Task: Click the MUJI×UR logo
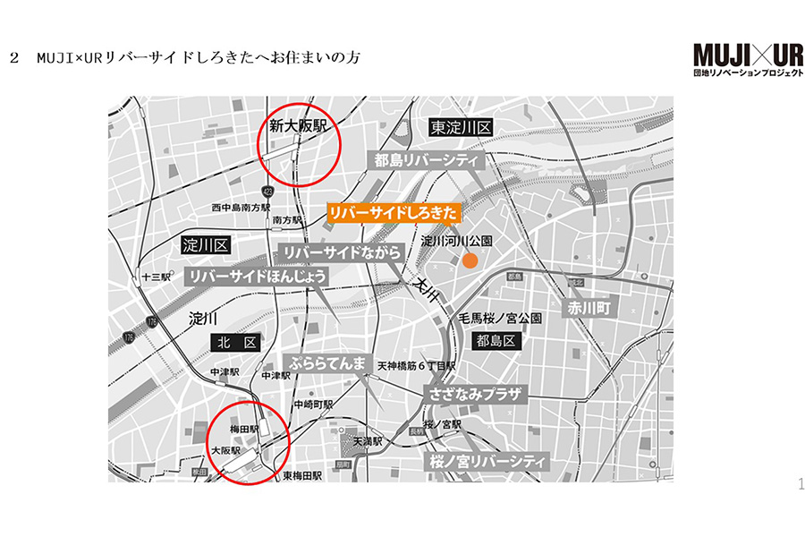(x=747, y=59)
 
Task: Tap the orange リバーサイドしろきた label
(x=394, y=212)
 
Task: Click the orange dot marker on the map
(x=469, y=260)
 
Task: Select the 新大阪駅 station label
(x=294, y=128)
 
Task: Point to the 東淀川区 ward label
(x=460, y=128)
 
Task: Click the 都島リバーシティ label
(x=427, y=161)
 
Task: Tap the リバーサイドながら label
(x=341, y=253)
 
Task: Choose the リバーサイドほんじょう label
(x=258, y=276)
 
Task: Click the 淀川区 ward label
(x=206, y=244)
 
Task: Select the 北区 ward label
(x=236, y=342)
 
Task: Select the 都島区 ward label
(x=496, y=341)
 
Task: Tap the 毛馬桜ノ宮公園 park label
(x=500, y=319)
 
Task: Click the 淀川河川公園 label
(x=451, y=242)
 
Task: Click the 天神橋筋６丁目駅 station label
(x=416, y=366)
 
